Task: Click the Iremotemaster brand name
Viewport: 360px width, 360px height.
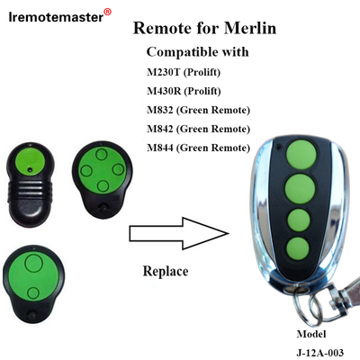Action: [x=53, y=14]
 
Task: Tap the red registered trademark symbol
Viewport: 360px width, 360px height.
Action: [x=108, y=11]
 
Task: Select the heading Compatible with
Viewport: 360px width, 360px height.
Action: [x=197, y=53]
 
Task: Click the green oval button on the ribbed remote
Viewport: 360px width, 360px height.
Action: [x=32, y=162]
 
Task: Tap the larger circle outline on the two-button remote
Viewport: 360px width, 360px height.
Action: [x=35, y=264]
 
